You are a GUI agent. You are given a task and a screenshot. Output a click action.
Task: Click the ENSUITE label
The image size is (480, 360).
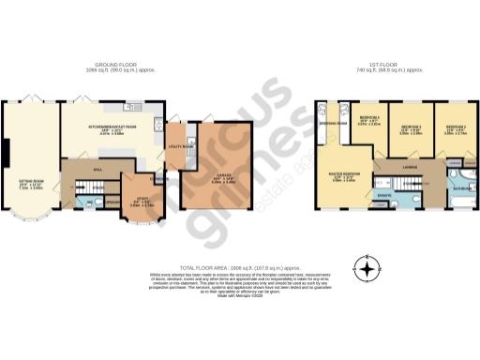pyautogui.click(x=383, y=195)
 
